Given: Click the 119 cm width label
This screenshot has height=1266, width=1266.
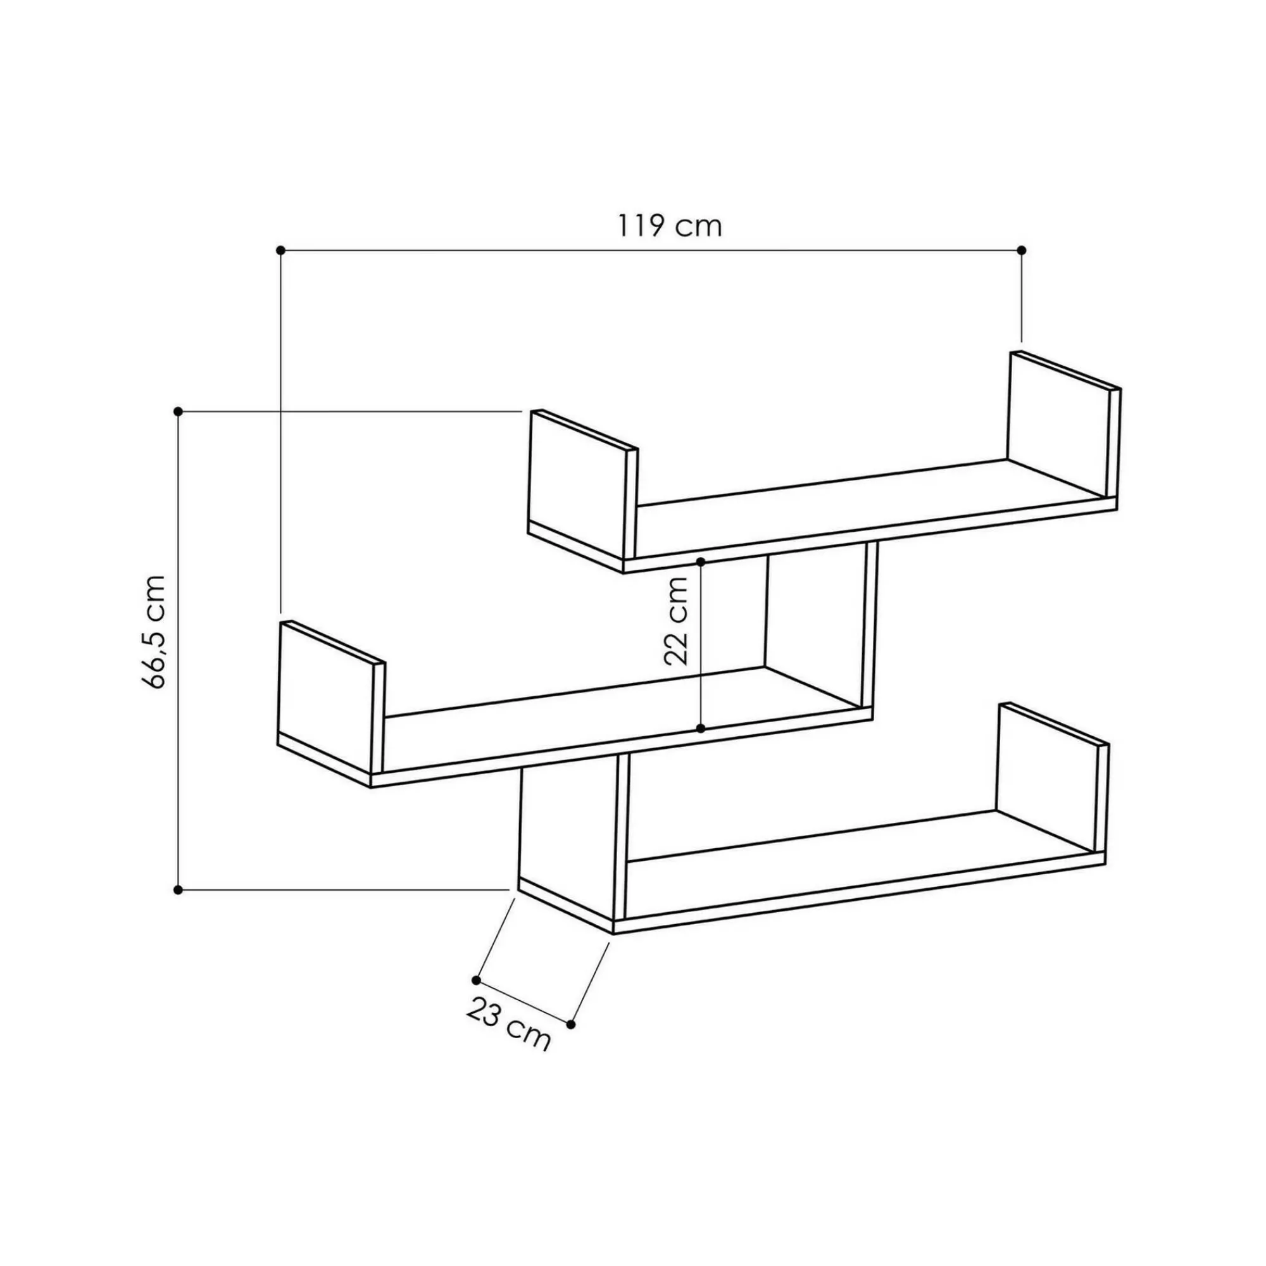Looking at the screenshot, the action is click(x=669, y=226).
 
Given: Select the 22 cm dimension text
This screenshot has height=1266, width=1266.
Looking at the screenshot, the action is click(x=676, y=622).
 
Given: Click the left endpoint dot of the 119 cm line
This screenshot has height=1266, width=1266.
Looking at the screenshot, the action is click(x=280, y=250).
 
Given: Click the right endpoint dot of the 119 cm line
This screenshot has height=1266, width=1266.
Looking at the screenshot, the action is click(x=1022, y=250).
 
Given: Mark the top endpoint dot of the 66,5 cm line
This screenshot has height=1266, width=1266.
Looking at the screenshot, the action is click(x=178, y=411).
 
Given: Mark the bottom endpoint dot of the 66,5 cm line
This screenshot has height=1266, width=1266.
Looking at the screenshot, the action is click(x=178, y=890).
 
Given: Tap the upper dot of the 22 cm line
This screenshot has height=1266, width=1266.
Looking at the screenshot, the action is click(x=701, y=561).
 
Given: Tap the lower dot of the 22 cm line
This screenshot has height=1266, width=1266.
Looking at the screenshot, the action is click(x=701, y=729).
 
